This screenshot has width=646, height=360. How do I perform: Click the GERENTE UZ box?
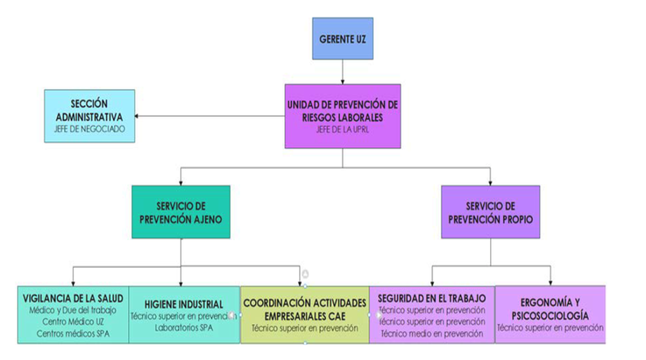tap(343, 38)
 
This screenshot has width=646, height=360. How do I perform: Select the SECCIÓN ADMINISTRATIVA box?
tap(89, 115)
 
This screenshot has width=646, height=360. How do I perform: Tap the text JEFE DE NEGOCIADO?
tap(89, 129)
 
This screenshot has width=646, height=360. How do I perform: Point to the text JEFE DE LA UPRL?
tap(343, 130)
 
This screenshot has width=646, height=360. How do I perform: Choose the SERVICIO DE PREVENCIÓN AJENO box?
tap(180, 211)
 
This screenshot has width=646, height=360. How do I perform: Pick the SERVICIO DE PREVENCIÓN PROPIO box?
tap(490, 211)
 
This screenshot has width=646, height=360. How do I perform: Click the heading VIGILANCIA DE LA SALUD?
tap(73, 298)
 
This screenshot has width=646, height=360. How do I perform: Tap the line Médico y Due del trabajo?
tap(73, 310)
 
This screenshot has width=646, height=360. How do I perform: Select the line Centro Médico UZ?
tap(73, 322)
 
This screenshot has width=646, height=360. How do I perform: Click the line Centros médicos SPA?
tap(73, 333)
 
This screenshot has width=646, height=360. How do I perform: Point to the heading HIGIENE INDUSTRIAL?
tap(184, 304)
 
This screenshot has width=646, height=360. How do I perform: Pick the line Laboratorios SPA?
tap(184, 328)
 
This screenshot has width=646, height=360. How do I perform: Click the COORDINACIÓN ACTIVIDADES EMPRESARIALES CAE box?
tap(305, 315)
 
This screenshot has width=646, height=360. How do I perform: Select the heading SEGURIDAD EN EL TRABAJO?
tap(432, 298)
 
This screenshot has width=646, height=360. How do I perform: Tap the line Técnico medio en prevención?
tap(432, 333)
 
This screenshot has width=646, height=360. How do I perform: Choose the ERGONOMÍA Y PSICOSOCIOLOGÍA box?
tap(550, 313)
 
